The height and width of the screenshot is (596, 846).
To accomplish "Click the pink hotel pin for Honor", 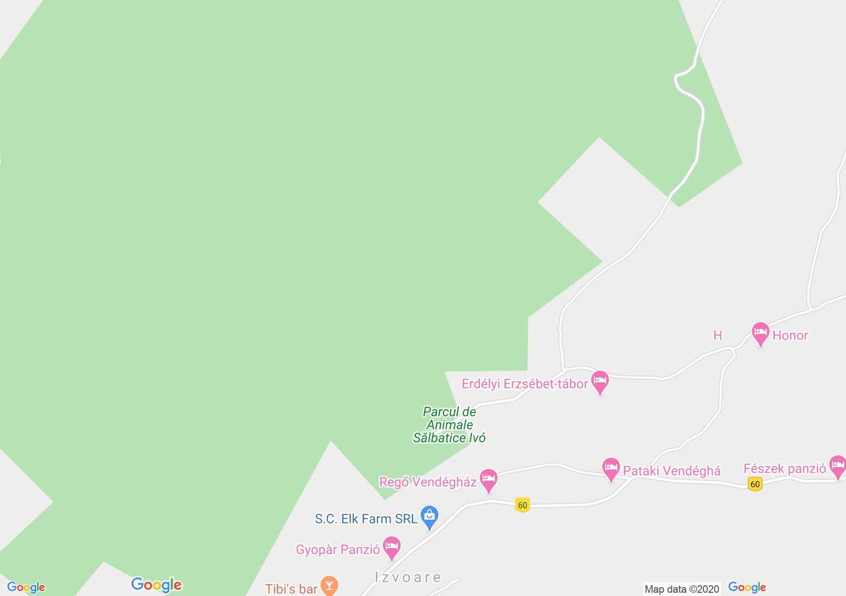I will click(x=760, y=333).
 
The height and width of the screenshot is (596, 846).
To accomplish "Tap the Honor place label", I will click(x=790, y=335).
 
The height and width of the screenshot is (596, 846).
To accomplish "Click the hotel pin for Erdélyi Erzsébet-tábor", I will click(x=600, y=382).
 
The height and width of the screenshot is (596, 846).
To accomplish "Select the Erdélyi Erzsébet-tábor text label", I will click(x=525, y=384).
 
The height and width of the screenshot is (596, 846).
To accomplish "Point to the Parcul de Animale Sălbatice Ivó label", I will click(x=450, y=425).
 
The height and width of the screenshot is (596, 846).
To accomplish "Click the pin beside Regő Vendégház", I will click(x=488, y=480).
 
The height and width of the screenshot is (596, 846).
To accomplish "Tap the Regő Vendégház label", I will click(x=428, y=482).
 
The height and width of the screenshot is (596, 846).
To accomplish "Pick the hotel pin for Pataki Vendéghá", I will click(x=611, y=468).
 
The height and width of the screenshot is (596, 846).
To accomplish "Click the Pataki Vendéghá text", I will click(x=672, y=471).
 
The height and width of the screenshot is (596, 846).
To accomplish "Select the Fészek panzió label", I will click(x=785, y=468).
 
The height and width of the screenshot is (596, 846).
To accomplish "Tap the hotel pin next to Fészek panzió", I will click(x=838, y=466).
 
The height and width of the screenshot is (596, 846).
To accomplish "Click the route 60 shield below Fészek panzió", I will click(x=755, y=484).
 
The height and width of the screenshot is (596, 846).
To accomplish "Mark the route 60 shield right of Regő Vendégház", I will click(x=522, y=505).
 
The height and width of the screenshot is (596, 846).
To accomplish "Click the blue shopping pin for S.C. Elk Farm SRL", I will click(x=429, y=516).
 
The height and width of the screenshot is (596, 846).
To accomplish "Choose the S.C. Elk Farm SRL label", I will click(x=366, y=519).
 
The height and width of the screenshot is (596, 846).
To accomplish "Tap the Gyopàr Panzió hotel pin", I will click(x=391, y=548).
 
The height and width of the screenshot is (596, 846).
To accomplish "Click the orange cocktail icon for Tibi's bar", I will click(x=329, y=586).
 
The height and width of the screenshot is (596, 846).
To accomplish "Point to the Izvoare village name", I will click(x=408, y=577).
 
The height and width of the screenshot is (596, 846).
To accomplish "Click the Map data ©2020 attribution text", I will click(x=682, y=589).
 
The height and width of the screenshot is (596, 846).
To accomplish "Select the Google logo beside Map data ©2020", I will click(x=747, y=588).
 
